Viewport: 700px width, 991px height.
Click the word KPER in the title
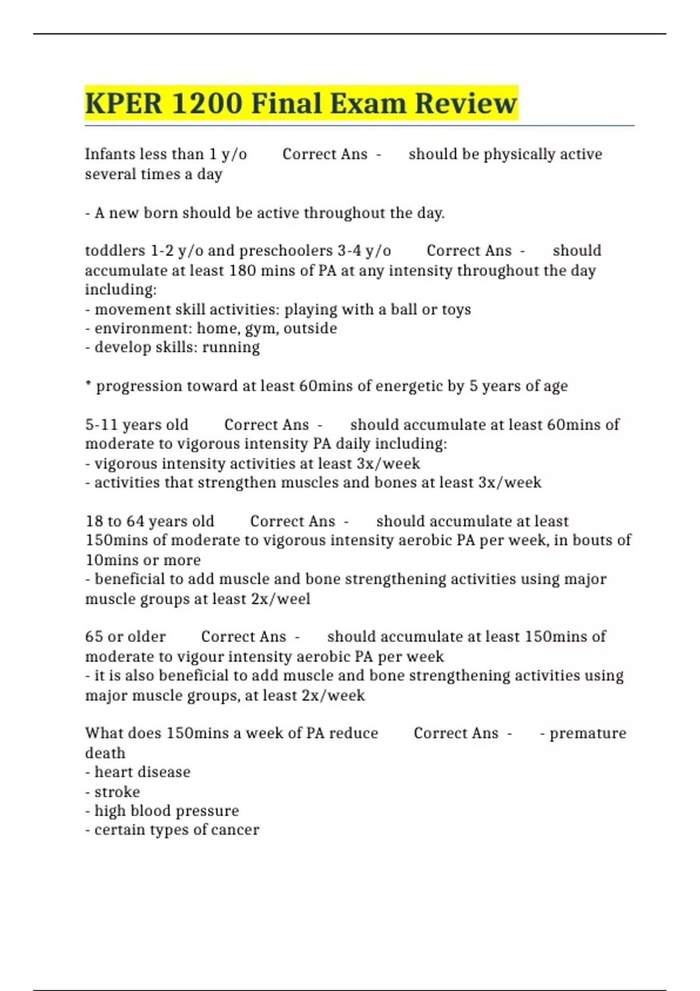(x=124, y=104)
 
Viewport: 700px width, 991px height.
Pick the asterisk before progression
(x=88, y=385)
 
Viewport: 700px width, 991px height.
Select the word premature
(x=587, y=733)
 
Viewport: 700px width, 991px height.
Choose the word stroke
(x=117, y=792)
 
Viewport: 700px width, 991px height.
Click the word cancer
(x=235, y=830)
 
